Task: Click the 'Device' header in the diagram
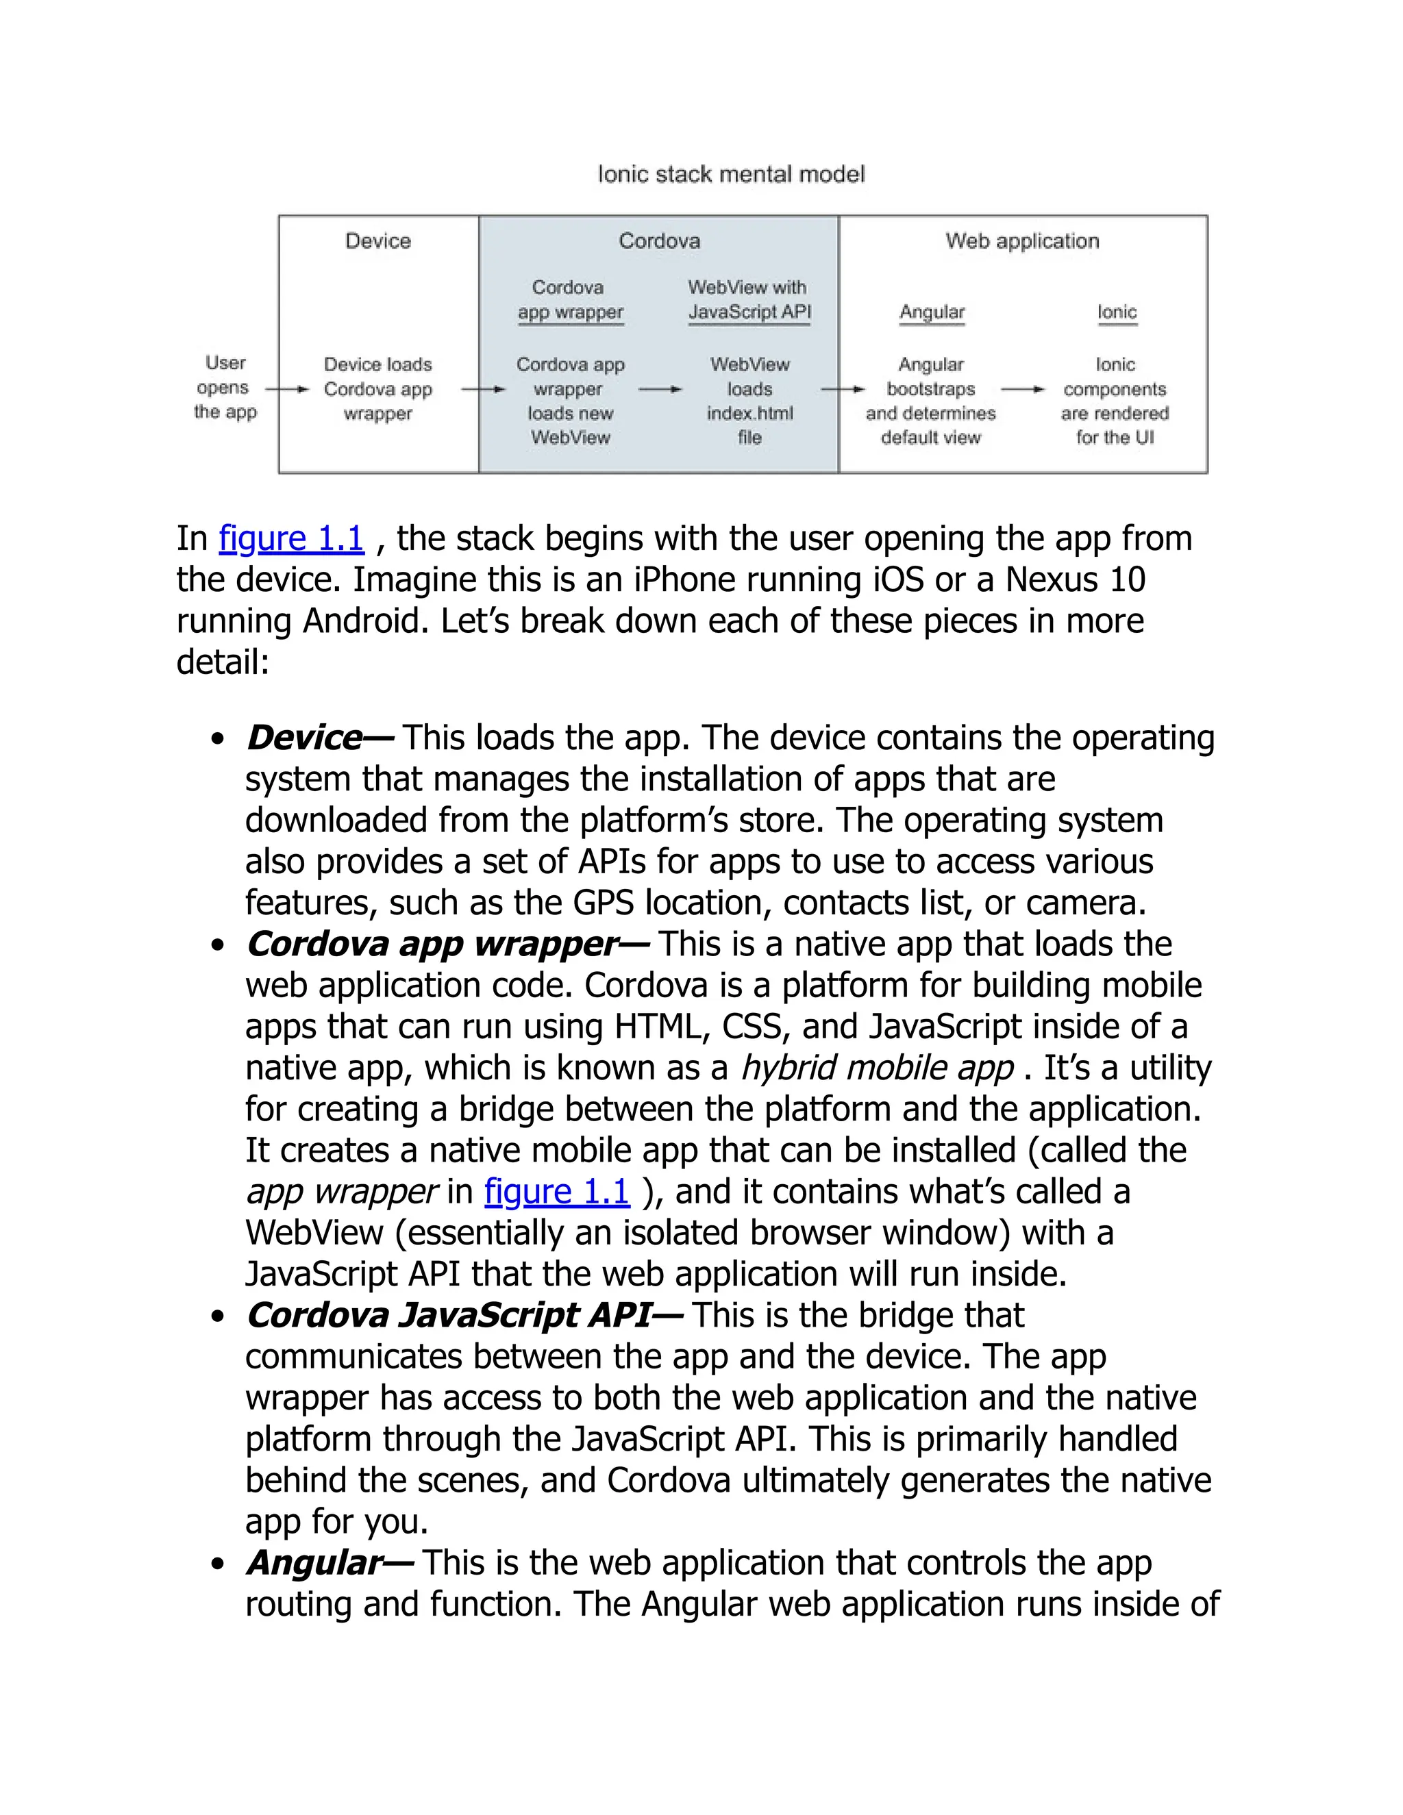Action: tap(378, 241)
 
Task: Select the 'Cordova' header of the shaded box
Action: tap(659, 241)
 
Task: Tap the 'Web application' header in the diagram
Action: tap(1021, 241)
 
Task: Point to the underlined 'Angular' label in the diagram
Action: tap(931, 312)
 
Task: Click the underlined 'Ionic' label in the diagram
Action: tap(1116, 312)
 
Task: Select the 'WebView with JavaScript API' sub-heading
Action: tap(748, 300)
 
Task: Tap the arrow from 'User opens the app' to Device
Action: tap(287, 388)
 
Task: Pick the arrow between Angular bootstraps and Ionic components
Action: tap(1022, 389)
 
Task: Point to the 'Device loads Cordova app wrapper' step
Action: tap(378, 389)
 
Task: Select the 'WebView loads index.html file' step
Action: tap(749, 401)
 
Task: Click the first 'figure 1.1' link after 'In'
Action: tap(291, 538)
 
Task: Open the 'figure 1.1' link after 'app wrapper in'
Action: tap(557, 1192)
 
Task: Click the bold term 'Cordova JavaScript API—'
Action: tap(464, 1316)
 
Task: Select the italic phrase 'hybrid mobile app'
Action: tap(877, 1068)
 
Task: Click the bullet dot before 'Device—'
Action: tap(218, 739)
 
